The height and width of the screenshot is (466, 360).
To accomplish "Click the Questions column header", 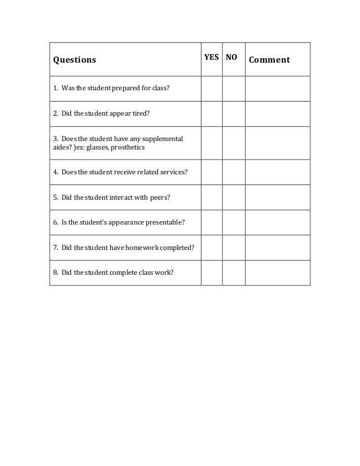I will [x=74, y=60].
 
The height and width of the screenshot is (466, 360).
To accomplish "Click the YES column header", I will [x=212, y=57].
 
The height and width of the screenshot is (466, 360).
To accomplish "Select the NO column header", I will [x=232, y=57].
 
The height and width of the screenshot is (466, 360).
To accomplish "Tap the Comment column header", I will [x=269, y=60].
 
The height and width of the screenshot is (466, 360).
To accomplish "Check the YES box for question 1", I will [x=212, y=89].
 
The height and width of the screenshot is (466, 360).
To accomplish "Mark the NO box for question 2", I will [x=234, y=113].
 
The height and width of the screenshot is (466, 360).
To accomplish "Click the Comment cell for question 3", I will [x=278, y=143].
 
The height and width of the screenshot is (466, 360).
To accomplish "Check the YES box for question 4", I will [x=212, y=172].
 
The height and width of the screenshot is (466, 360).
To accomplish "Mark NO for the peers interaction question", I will [x=234, y=197].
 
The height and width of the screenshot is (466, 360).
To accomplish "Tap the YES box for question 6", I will [x=212, y=222].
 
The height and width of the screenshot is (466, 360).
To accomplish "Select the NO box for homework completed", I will [x=234, y=247].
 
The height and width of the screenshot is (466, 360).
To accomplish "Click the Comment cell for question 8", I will [x=278, y=272].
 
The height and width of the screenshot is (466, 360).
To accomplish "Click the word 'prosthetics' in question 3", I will [x=128, y=148].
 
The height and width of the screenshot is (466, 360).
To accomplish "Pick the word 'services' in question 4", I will [x=174, y=173].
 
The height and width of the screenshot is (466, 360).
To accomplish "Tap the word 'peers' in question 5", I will [x=159, y=197].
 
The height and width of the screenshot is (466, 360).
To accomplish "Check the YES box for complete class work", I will [x=212, y=272].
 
